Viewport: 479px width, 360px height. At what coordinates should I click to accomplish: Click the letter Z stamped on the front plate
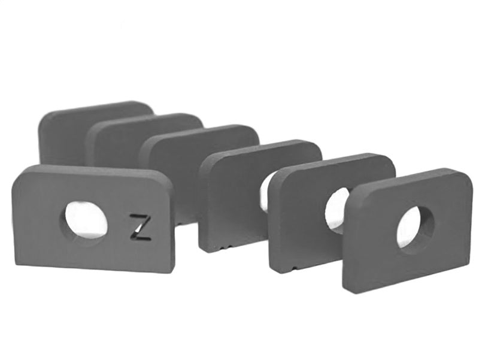click(x=140, y=228)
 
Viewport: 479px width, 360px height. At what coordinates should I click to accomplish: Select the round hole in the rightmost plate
click(x=416, y=227)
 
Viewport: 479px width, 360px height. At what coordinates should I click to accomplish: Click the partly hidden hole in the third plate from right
click(x=263, y=195)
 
